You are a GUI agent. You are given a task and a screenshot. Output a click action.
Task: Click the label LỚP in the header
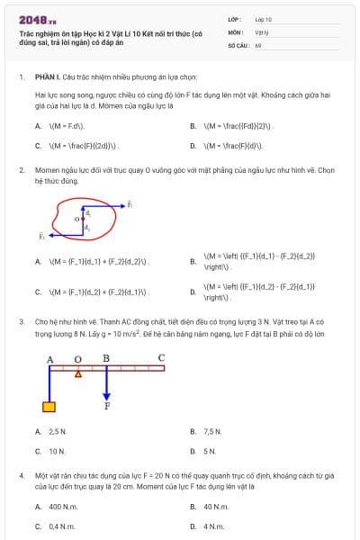click(234, 18)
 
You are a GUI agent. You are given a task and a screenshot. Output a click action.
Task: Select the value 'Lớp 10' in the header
click(263, 18)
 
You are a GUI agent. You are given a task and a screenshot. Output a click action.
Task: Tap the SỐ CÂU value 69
click(258, 44)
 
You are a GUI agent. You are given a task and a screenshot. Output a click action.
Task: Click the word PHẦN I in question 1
click(46, 77)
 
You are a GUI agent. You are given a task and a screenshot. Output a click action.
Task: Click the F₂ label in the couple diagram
click(41, 236)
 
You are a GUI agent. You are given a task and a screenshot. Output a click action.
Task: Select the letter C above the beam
click(161, 358)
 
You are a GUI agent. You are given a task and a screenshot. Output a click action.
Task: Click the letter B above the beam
click(106, 358)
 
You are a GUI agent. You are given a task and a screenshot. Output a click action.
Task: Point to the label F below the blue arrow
click(107, 406)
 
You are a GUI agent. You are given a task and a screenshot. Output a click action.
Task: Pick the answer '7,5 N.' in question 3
click(212, 432)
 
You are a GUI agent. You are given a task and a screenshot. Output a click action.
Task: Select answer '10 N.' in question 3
click(58, 450)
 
